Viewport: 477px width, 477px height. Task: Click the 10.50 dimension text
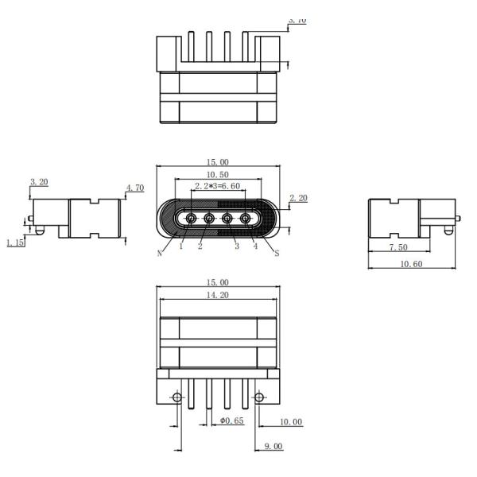217,174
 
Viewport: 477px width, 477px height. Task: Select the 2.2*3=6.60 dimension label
217,186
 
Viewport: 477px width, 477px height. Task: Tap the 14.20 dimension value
217,294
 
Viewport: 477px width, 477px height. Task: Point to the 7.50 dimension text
400,248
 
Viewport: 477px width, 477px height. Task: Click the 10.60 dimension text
410,263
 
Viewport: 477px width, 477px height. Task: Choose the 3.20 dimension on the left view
38,182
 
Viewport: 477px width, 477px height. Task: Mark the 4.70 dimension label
134,188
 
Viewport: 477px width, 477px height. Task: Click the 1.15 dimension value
15,242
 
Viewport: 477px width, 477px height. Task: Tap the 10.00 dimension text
291,421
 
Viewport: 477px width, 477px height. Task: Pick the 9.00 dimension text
272,447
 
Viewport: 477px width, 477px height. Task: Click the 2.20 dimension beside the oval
298,197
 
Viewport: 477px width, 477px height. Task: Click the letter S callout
276,253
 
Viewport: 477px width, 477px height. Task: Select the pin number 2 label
200,247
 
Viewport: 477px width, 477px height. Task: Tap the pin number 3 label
237,247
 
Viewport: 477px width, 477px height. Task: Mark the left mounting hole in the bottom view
177,397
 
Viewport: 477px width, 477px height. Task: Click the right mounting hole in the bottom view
258,397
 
